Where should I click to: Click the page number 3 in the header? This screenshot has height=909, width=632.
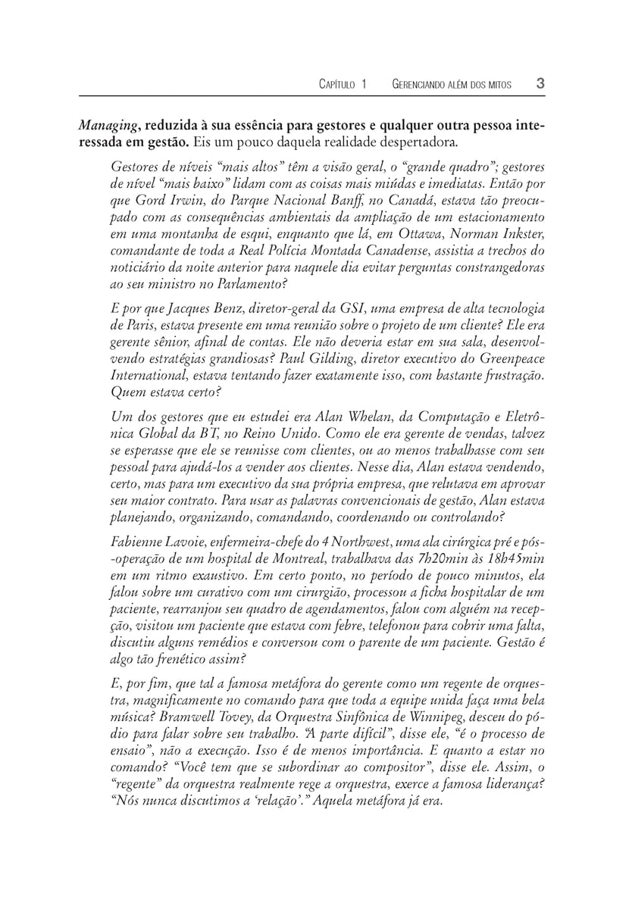tap(541, 83)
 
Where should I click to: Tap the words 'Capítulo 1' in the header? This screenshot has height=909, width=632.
tap(343, 84)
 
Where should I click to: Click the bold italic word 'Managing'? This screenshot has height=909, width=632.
tap(108, 125)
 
